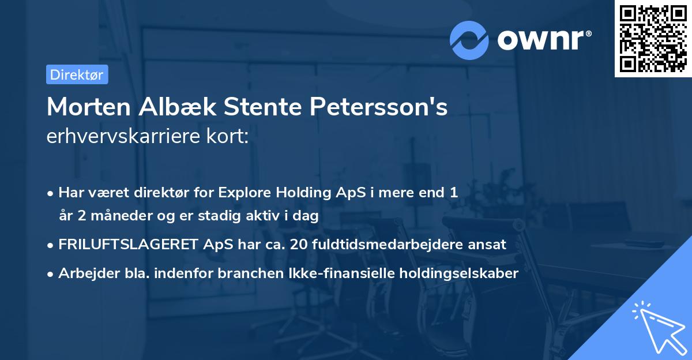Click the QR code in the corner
coord(653,39)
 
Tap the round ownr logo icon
coord(469,40)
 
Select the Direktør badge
coord(77,74)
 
